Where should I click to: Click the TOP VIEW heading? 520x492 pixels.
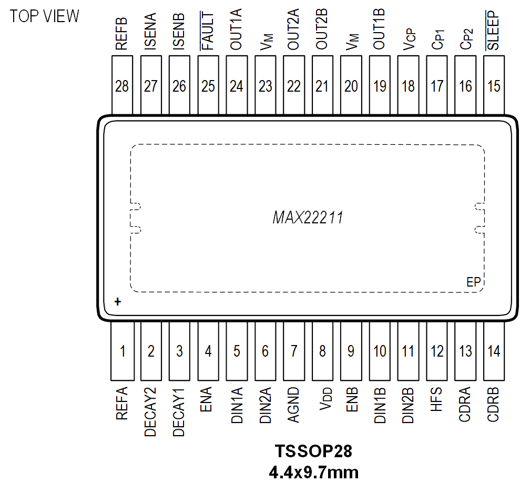(45, 16)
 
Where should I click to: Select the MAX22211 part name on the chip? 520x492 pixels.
(308, 217)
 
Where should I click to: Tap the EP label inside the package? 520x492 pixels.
(474, 282)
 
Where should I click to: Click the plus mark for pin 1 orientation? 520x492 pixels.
(118, 302)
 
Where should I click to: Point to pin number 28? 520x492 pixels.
(122, 86)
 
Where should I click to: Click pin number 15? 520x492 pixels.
(494, 86)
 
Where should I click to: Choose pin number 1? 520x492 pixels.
(123, 351)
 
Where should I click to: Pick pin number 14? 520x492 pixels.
(494, 351)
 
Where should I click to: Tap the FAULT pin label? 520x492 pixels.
(208, 31)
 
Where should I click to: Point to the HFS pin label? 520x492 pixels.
(437, 400)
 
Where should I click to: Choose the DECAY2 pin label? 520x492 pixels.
(151, 411)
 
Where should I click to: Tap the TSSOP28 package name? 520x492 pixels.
(313, 452)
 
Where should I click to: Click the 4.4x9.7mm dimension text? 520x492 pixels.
(313, 472)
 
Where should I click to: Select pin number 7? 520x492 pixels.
(294, 351)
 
